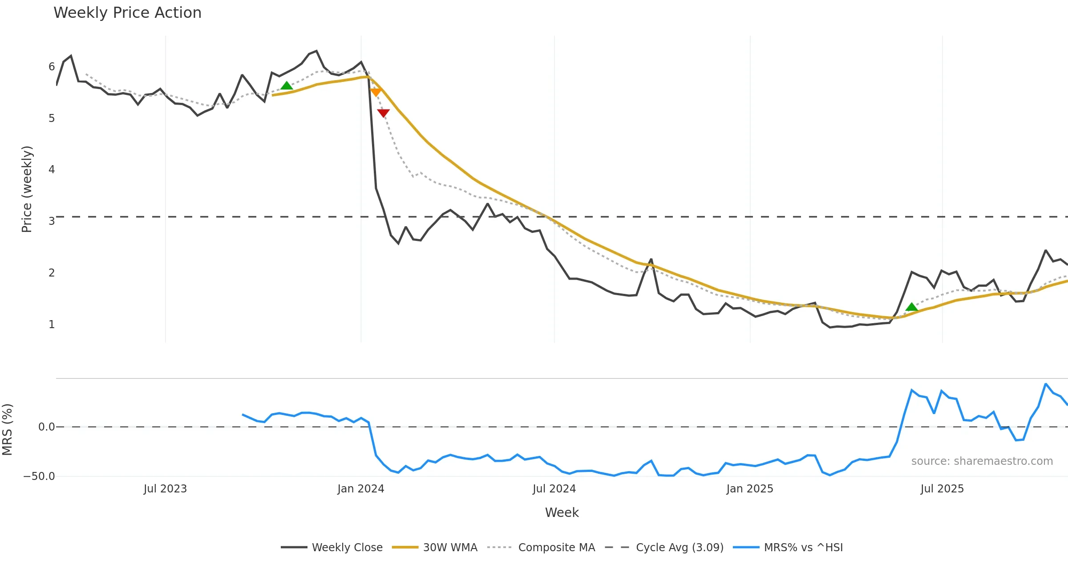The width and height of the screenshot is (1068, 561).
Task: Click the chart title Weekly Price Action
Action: click(x=127, y=13)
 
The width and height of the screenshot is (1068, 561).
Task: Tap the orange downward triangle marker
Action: click(x=376, y=92)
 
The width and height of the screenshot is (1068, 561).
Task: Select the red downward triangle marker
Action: click(x=383, y=113)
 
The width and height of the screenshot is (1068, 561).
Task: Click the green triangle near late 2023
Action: click(x=287, y=85)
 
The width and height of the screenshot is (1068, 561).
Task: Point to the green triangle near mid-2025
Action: click(x=911, y=307)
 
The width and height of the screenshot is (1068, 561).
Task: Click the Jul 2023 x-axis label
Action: click(x=165, y=489)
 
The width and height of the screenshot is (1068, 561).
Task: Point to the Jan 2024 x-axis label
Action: click(x=360, y=489)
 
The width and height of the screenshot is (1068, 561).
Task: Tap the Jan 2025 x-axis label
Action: click(x=750, y=489)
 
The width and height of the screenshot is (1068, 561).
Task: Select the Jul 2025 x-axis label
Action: click(x=942, y=489)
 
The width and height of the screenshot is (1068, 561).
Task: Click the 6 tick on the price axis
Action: click(x=52, y=67)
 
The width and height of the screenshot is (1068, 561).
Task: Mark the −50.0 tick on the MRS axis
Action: click(x=39, y=476)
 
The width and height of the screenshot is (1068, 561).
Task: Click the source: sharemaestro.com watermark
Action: click(x=982, y=461)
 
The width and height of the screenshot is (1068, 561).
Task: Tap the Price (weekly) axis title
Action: click(x=27, y=189)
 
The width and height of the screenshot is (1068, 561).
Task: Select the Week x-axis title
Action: click(x=562, y=513)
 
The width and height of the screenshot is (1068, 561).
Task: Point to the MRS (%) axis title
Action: click(x=8, y=429)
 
